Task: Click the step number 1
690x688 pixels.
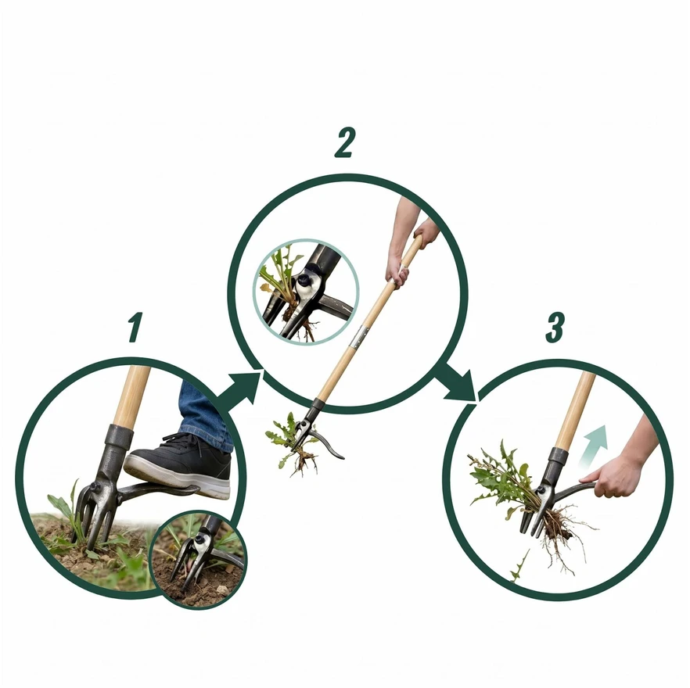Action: pyautogui.click(x=135, y=327)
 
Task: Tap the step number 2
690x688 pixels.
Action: pyautogui.click(x=344, y=142)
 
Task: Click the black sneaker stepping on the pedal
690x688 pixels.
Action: pyautogui.click(x=181, y=464)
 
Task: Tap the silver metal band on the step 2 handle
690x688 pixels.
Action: pyautogui.click(x=361, y=337)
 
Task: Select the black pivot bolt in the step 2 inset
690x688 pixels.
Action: pyautogui.click(x=304, y=280)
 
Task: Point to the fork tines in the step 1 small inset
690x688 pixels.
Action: pyautogui.click(x=186, y=563)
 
